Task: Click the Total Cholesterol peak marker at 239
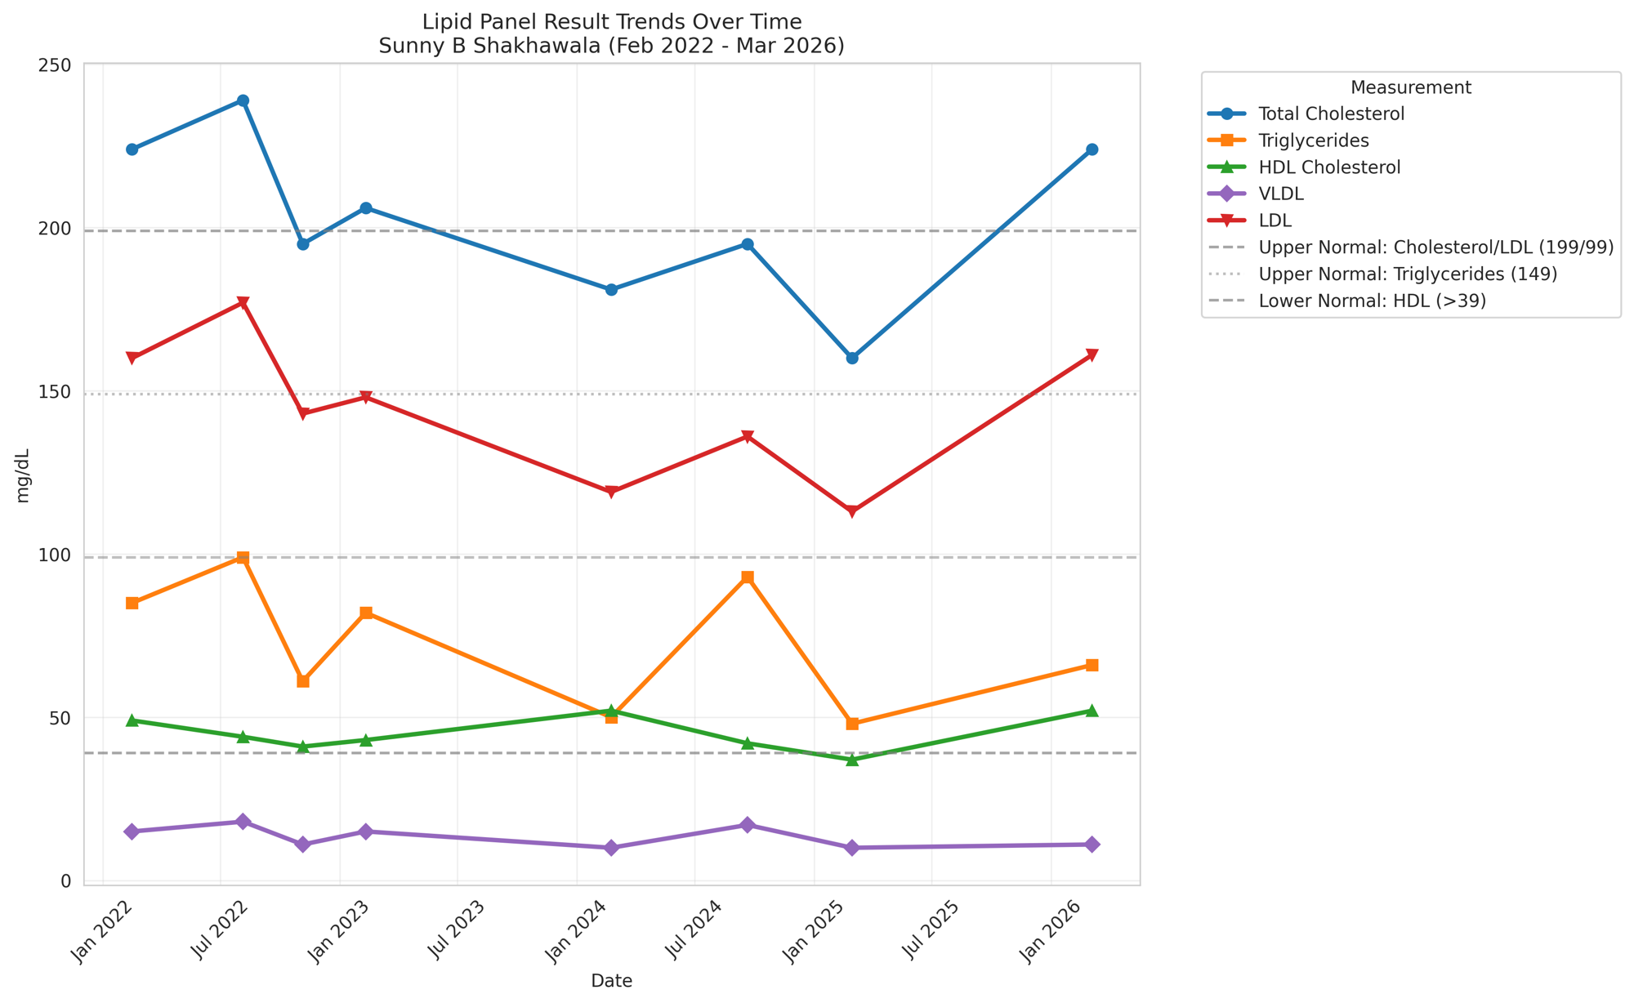tap(243, 100)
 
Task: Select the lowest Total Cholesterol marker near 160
tap(852, 358)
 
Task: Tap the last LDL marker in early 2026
tap(1092, 355)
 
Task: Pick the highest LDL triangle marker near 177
tap(243, 303)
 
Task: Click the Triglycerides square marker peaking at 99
tap(243, 558)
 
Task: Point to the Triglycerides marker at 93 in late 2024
tap(748, 577)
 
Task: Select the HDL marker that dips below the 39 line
tap(852, 760)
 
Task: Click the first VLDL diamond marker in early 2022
tap(132, 831)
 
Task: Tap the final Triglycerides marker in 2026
tap(1092, 665)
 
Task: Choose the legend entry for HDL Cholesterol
tap(1329, 167)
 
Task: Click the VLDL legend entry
tap(1281, 194)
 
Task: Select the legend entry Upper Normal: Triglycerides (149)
tap(1408, 274)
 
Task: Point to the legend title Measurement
tap(1410, 87)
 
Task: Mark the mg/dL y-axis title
tap(23, 475)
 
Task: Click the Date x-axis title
tap(611, 981)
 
